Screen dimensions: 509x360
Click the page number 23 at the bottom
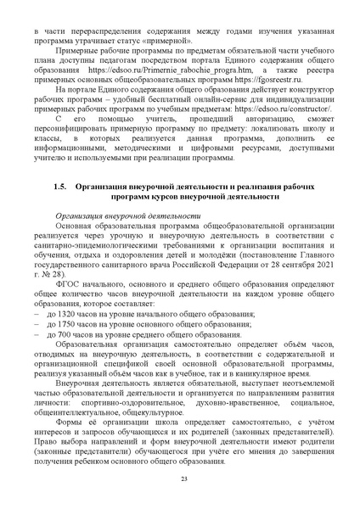pyautogui.click(x=183, y=480)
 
